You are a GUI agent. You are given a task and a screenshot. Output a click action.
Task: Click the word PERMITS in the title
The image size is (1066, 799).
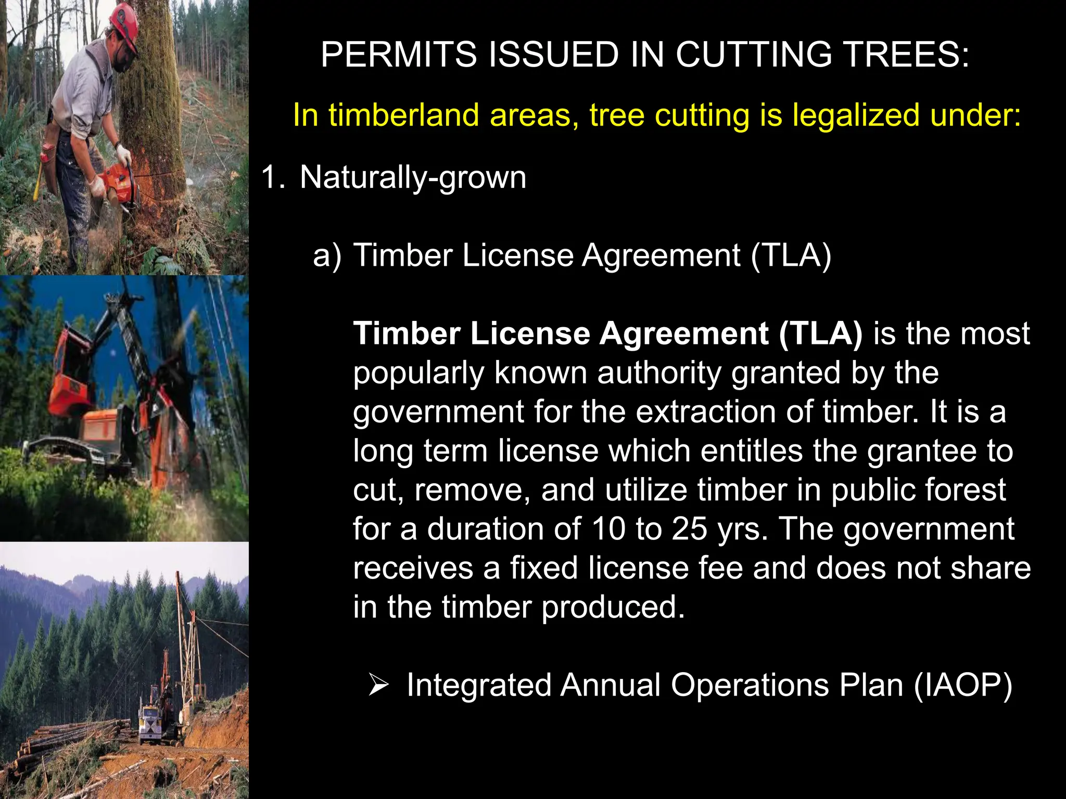(399, 55)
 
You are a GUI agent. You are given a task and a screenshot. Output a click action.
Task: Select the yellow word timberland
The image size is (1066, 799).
(403, 115)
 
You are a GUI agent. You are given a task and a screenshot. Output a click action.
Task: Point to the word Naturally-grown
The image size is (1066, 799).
(413, 178)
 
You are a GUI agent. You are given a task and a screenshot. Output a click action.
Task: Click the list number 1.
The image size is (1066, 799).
(272, 177)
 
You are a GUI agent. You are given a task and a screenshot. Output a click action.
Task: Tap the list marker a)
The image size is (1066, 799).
(327, 256)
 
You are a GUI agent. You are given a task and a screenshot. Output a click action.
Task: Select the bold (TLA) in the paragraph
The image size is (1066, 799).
(820, 333)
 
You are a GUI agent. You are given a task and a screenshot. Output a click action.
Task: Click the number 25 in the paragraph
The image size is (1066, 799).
(689, 529)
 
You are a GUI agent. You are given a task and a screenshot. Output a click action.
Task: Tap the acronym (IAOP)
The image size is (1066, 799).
(963, 685)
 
